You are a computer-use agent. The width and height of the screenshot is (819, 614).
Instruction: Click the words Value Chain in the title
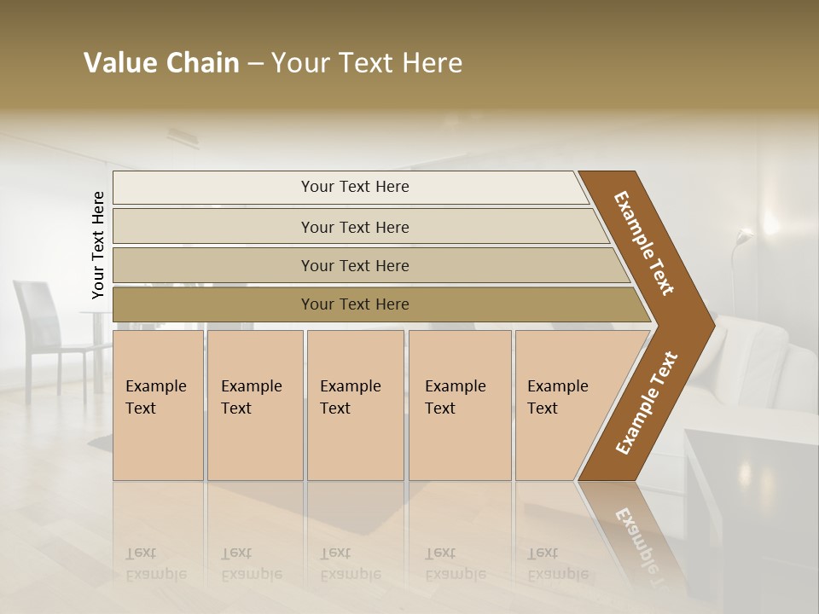[161, 63]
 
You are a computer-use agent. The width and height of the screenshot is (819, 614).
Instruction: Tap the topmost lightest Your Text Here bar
[354, 187]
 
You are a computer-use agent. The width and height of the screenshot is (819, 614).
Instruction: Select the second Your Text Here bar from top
[354, 227]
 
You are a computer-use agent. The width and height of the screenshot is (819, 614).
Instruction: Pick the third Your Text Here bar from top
[354, 265]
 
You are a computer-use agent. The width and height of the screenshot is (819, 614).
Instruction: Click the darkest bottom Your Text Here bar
[354, 304]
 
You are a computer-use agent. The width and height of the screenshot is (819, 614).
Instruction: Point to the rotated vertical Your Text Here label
[98, 245]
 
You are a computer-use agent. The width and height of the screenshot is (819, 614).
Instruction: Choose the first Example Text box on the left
[158, 405]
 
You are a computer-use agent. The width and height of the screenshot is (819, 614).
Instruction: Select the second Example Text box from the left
[254, 405]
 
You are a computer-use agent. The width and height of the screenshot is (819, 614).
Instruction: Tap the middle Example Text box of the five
[355, 405]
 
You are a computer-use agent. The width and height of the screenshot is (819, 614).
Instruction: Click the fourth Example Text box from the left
[459, 405]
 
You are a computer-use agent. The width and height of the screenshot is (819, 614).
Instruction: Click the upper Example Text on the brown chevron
[644, 243]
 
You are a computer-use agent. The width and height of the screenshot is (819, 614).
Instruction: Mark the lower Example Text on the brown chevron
[647, 403]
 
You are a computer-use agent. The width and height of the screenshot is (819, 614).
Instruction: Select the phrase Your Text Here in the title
[367, 63]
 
